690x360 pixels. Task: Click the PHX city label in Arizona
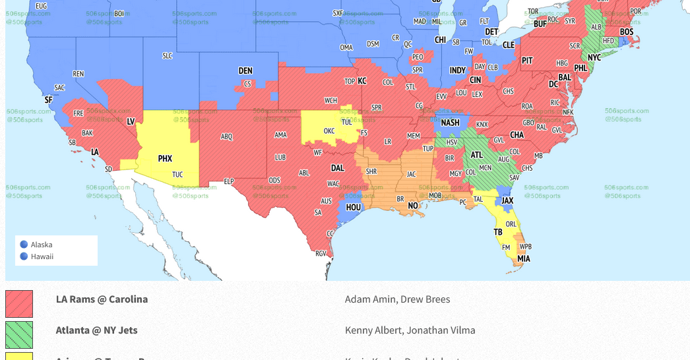[165, 159]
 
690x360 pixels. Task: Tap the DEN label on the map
[245, 71]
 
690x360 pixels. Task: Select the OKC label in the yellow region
[329, 131]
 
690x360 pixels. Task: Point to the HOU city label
[354, 207]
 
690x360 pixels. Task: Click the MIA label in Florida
[523, 258]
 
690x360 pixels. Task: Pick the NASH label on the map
[450, 123]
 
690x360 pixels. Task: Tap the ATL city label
[476, 155]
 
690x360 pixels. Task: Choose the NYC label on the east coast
[594, 57]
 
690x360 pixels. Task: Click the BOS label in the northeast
[626, 32]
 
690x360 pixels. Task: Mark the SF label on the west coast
[48, 100]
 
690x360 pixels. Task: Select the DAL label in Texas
[337, 168]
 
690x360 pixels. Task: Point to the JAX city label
[507, 200]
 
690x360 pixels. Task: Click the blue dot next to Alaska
[24, 245]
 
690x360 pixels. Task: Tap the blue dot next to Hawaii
[24, 256]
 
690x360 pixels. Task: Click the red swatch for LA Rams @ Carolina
[19, 304]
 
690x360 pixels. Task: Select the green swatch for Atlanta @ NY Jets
[19, 334]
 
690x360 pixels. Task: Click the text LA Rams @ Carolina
[102, 299]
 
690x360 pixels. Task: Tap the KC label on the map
[362, 81]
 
